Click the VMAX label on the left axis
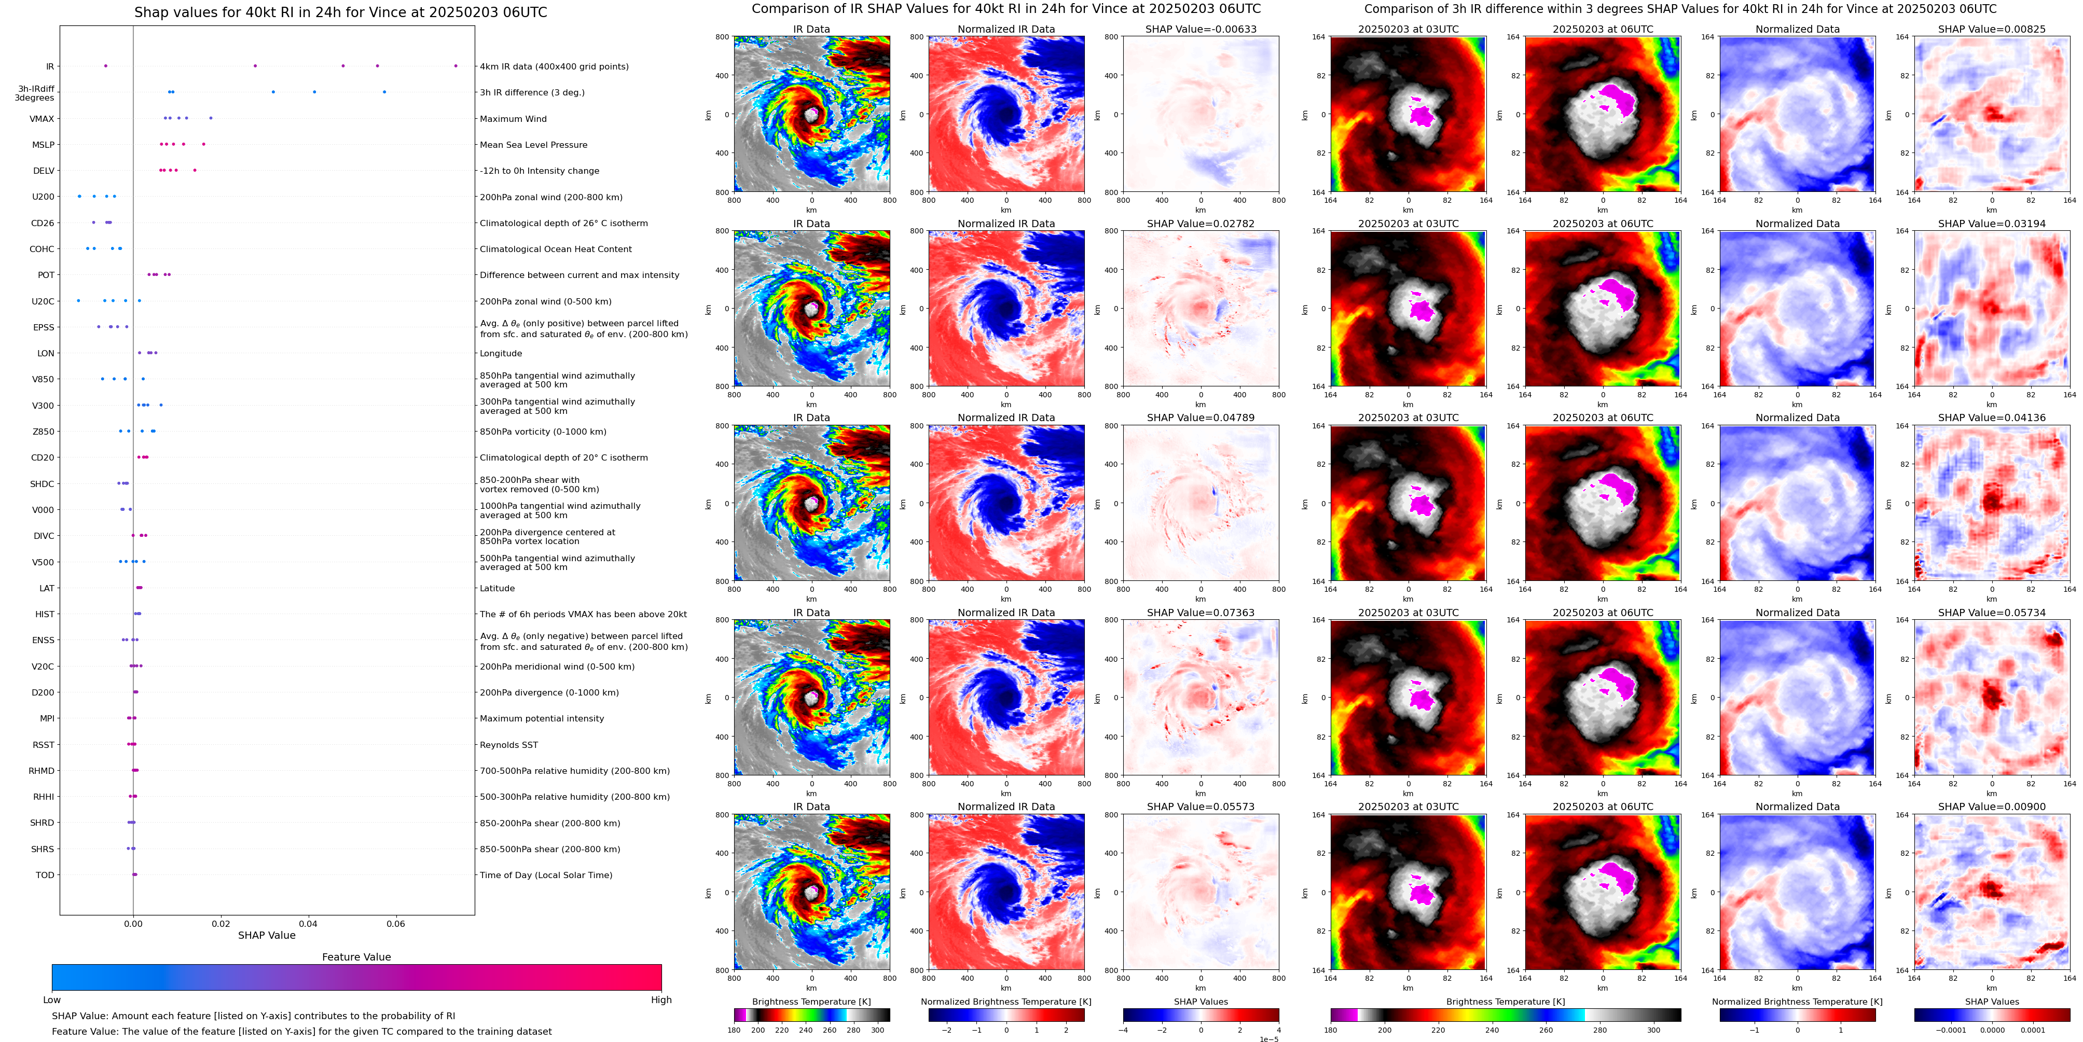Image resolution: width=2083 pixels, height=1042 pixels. [x=42, y=119]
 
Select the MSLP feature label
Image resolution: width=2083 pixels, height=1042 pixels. [x=43, y=145]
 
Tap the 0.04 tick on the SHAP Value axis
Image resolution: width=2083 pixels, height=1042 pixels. [x=308, y=923]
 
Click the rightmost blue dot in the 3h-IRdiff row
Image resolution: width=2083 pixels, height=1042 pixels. [x=384, y=92]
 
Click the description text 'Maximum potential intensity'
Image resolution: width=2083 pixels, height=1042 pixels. [x=541, y=719]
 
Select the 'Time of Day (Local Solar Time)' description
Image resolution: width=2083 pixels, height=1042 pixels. [x=546, y=874]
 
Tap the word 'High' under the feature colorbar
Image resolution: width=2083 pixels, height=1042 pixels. [x=660, y=1000]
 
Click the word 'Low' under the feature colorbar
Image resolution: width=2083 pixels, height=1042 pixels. [x=52, y=1000]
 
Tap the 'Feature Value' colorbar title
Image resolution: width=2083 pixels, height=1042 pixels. [x=356, y=957]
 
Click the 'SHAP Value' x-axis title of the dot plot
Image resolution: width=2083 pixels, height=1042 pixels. [x=266, y=935]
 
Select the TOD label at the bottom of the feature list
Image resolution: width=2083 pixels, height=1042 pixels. [x=45, y=874]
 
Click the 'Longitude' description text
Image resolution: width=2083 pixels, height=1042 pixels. [x=501, y=353]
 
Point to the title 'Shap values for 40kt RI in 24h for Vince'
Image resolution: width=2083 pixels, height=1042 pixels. [x=340, y=12]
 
